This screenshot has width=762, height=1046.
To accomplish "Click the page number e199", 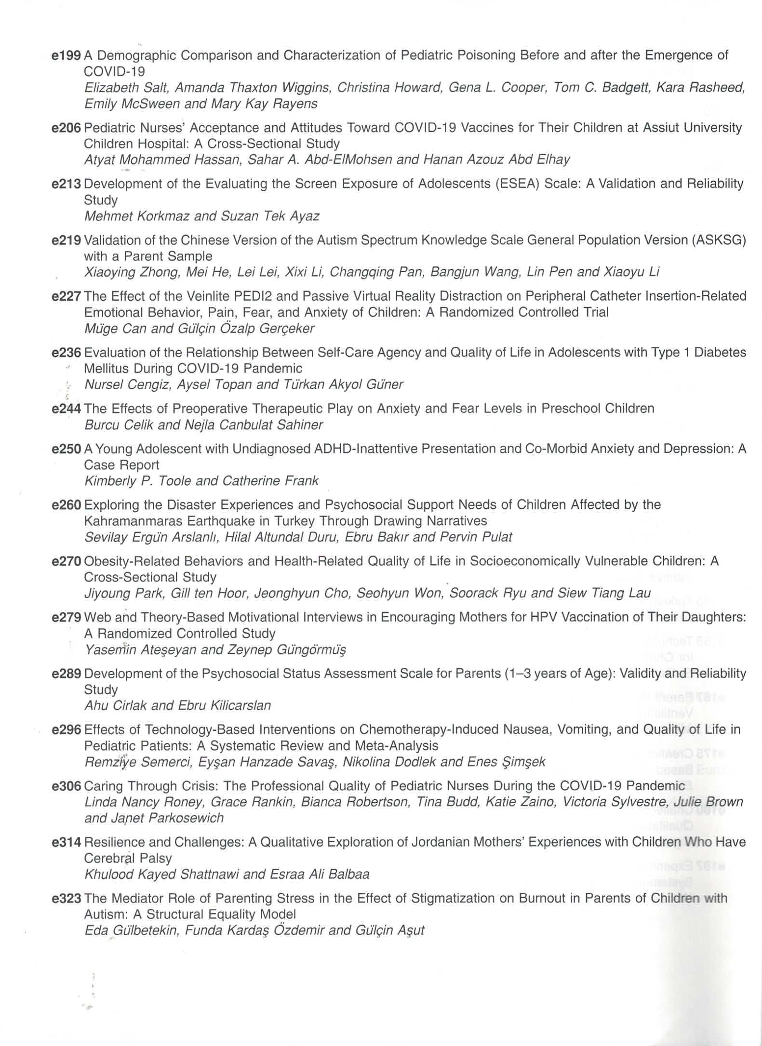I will pyautogui.click(x=66, y=55).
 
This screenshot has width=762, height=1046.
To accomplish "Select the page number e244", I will pyautogui.click(x=66, y=409).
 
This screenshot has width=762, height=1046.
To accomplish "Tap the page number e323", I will pyautogui.click(x=66, y=898).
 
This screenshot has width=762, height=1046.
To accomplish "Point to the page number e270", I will pyautogui.click(x=66, y=561).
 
